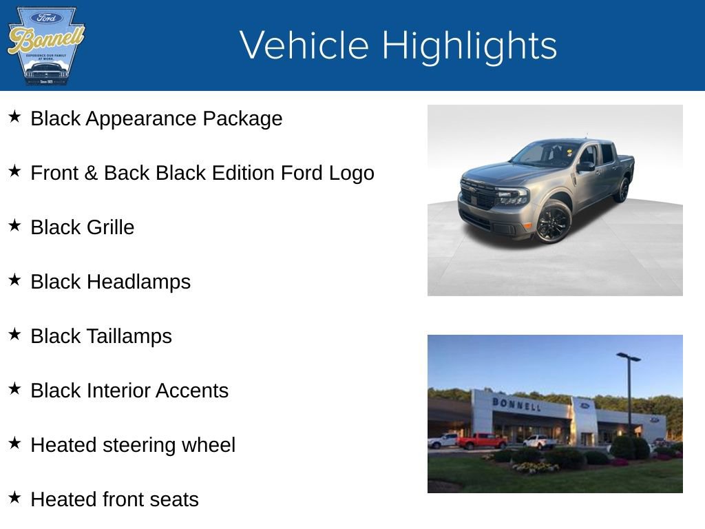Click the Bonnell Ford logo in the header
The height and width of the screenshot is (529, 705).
pos(45,45)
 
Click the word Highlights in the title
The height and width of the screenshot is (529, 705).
pos(469,45)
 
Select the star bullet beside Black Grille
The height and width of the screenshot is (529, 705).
pos(14,225)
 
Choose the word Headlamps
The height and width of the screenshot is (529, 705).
pos(138,282)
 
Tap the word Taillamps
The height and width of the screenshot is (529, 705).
pos(129,336)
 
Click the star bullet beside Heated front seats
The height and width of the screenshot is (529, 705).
pos(14,497)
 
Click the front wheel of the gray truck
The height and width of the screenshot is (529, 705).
pos(554,222)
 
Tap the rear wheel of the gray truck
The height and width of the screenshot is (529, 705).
pos(623,190)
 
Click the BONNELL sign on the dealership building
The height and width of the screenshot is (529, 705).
pos(516,404)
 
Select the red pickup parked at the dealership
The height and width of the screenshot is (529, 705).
pos(481,441)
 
